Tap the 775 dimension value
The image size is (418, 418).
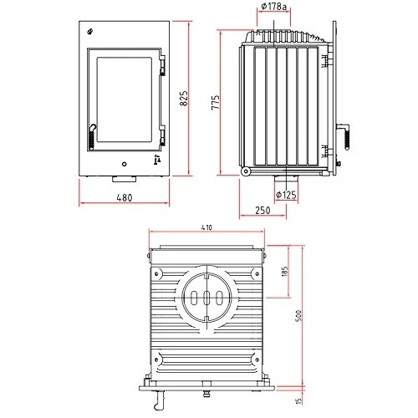point(214,101)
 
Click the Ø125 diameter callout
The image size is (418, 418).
point(286,196)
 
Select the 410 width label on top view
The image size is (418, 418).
point(206,226)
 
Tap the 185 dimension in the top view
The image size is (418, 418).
point(286,273)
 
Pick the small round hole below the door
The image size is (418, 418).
point(124,163)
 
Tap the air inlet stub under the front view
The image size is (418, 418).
point(124,179)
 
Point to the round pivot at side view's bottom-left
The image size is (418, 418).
point(246,171)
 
